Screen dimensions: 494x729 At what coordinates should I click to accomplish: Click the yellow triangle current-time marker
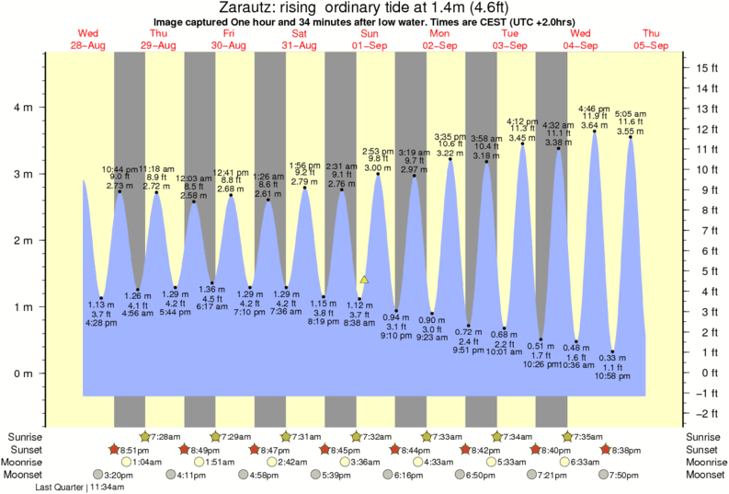(364, 279)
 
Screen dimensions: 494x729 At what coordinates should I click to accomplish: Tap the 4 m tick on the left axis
(42, 107)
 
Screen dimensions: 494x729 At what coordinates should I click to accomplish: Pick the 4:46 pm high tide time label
(588, 108)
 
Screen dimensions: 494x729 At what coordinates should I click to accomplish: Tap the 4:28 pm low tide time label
(101, 323)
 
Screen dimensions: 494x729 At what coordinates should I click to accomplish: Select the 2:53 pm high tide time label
(378, 151)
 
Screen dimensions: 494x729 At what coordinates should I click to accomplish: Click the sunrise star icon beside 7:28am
(144, 436)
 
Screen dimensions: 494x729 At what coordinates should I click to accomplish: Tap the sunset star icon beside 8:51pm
(114, 449)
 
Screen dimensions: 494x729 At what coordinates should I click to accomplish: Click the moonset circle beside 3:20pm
(99, 475)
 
